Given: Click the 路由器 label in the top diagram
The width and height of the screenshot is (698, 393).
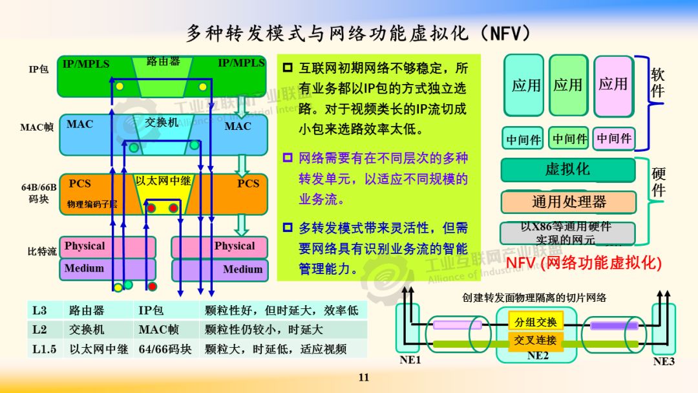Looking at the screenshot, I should click(x=163, y=62).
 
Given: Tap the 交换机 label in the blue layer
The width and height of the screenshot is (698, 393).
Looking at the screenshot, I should click(x=162, y=122).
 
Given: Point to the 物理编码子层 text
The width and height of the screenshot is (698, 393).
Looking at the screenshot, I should click(x=92, y=204).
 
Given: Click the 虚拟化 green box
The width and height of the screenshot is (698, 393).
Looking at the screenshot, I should click(x=567, y=170).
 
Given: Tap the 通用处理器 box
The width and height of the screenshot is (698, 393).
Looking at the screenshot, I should click(x=569, y=202).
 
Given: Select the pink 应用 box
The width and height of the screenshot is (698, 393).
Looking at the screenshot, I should click(x=613, y=85).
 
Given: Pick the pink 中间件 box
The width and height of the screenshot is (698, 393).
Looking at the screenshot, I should click(x=614, y=138).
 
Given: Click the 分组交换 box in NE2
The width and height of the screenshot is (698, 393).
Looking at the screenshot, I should click(x=535, y=321).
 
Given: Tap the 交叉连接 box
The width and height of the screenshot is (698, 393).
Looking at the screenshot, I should click(x=535, y=340).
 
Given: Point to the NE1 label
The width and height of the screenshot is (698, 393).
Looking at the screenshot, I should click(x=410, y=360).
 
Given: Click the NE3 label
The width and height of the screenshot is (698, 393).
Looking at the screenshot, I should click(x=664, y=361).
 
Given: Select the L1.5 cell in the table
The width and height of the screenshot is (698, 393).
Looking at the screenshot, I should click(x=44, y=349).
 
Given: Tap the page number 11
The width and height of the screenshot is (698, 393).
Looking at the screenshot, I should click(x=363, y=377).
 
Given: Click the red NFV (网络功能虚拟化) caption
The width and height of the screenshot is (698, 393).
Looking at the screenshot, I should click(x=584, y=263).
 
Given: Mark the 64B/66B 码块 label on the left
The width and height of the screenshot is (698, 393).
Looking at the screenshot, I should click(x=39, y=193).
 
